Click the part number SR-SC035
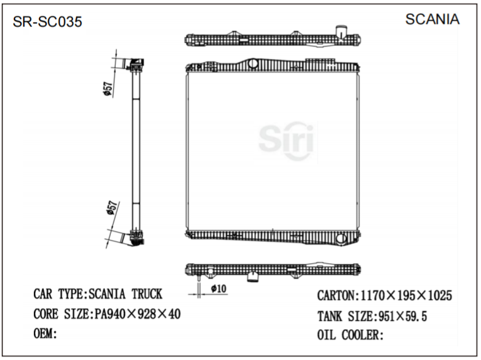coord(48,22)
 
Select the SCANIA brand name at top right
coord(432,19)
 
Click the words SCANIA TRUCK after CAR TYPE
coord(125,294)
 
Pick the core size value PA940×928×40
coord(136,314)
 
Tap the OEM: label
coord(45,333)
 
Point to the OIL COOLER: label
coord(350,335)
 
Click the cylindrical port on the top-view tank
coord(341,31)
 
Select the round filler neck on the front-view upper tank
coord(253,63)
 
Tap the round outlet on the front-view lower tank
coord(341,239)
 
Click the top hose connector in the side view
coord(136,64)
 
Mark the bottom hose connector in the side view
coord(135,237)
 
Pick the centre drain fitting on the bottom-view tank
coord(253,276)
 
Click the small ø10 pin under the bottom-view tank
coord(198,278)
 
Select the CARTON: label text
coord(338,295)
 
